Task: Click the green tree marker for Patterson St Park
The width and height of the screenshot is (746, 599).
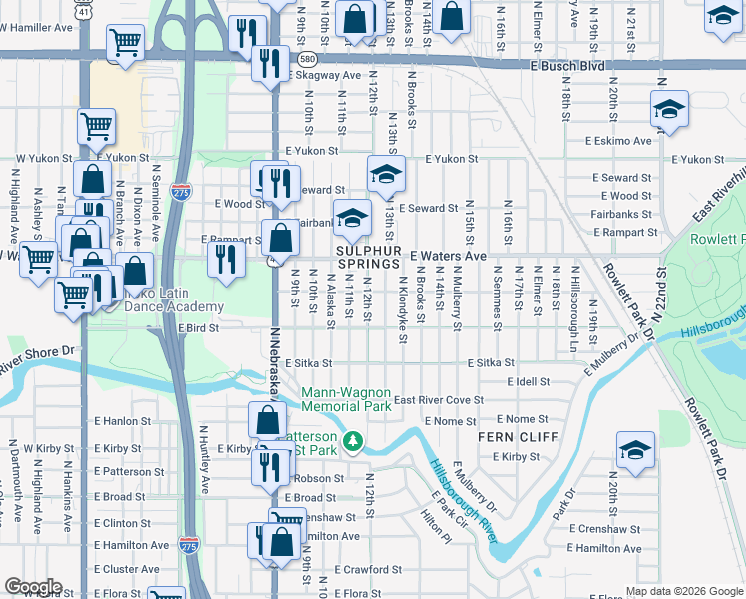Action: click(x=352, y=440)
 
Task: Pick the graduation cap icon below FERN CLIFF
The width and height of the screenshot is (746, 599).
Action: click(x=635, y=450)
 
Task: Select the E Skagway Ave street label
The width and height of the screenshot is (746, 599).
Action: click(x=324, y=76)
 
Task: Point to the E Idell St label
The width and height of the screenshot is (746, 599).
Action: click(x=528, y=382)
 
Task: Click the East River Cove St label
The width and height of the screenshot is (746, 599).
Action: click(x=439, y=400)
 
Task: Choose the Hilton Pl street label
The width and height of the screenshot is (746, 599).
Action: click(x=436, y=523)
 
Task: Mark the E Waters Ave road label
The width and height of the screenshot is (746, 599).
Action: click(x=447, y=257)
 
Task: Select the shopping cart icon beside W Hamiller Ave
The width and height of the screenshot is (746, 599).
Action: click(x=126, y=41)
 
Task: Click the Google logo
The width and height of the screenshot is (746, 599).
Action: click(x=33, y=587)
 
